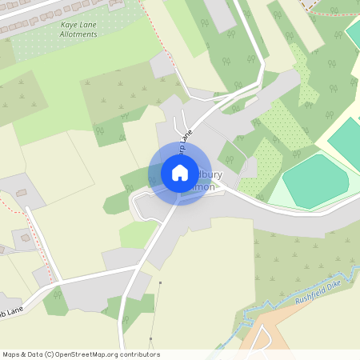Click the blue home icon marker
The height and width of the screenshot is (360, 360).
coord(180,173)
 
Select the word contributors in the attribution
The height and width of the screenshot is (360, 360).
coord(140,354)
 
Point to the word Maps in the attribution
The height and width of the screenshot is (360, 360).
coord(12,354)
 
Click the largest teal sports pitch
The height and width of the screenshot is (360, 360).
coord(314,181)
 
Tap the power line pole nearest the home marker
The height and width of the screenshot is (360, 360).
coord(161,282)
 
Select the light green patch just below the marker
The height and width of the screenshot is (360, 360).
coord(136,234)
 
